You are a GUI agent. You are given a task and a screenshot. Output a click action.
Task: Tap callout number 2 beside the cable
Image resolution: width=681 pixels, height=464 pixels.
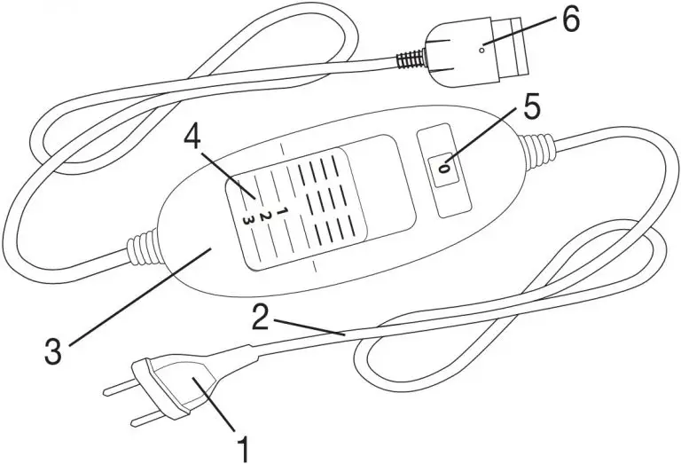pos(261,317)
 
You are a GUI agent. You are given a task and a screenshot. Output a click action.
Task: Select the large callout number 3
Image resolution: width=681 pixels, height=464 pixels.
pos(53,350)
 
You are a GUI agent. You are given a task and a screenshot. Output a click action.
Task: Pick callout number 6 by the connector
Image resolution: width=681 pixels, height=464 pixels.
pos(571,20)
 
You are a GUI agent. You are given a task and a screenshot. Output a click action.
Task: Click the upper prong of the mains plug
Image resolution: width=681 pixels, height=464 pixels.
pos(121,387)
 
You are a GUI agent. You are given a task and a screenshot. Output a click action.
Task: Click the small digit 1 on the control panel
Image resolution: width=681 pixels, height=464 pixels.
pos(280,212)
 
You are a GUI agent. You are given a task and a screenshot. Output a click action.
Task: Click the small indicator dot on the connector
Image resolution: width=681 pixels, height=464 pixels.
pos(481,50)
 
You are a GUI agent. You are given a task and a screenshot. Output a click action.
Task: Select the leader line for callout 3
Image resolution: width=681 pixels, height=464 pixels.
pos(140,296)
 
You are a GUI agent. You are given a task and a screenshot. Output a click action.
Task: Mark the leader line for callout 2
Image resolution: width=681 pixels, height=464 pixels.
pos(309,327)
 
